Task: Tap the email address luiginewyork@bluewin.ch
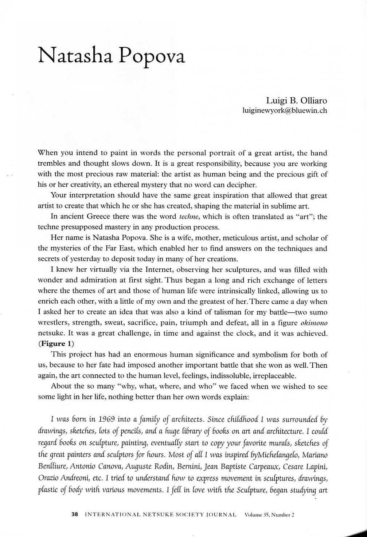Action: pos(285,110)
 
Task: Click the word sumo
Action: pos(319,312)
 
